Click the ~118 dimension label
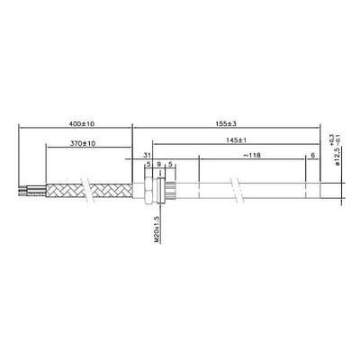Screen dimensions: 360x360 pos(254,157)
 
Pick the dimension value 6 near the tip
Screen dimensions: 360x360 pos(313,157)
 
